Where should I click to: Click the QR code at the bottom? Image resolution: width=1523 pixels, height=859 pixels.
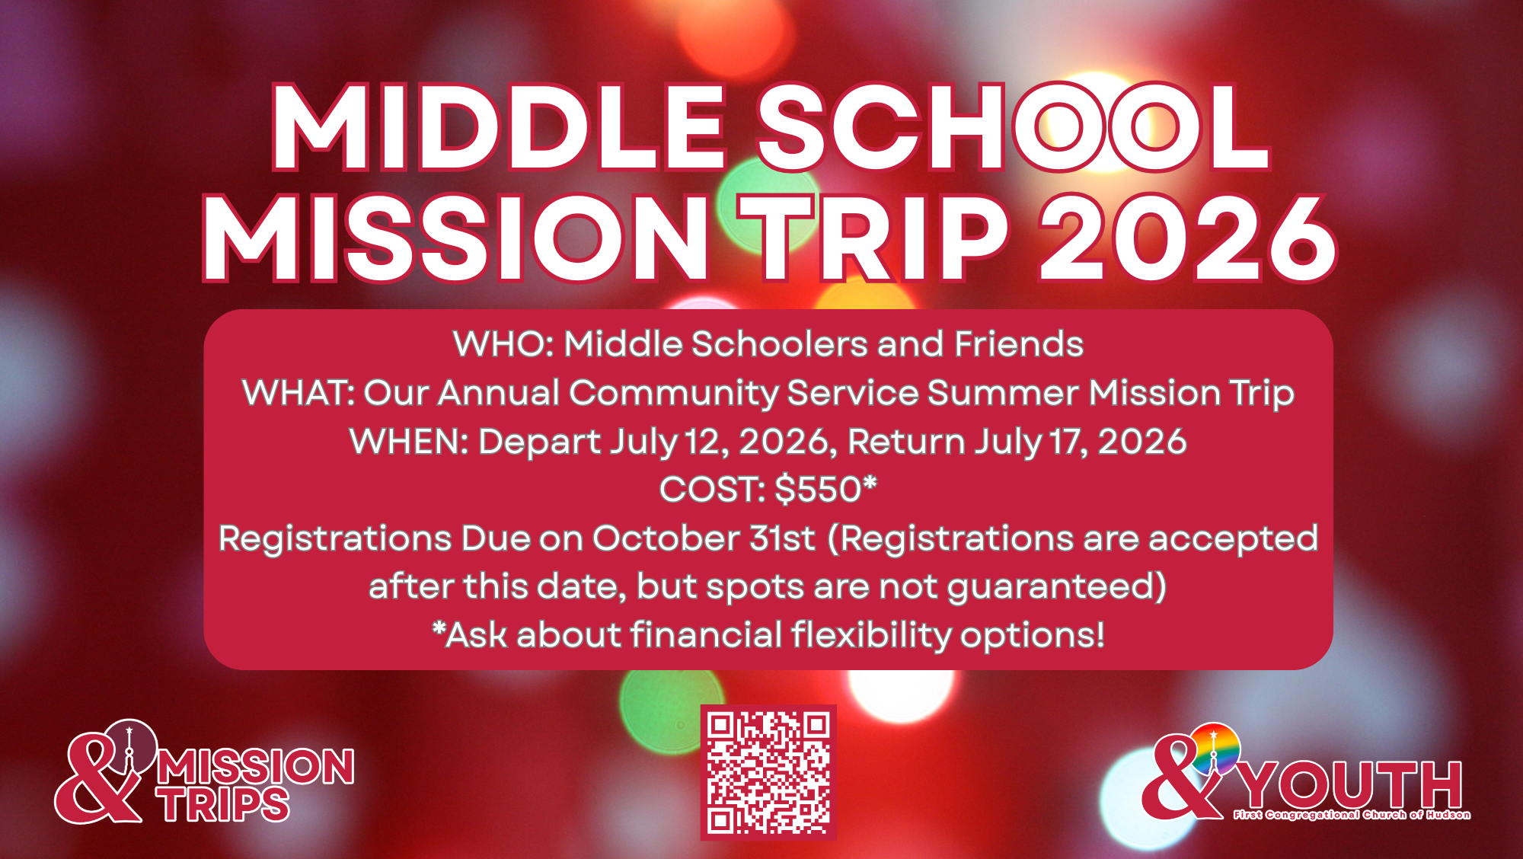pos(768,772)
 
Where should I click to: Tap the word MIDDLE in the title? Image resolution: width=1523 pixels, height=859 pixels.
pos(499,127)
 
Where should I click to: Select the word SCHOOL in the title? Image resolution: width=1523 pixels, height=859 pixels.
pos(1013,127)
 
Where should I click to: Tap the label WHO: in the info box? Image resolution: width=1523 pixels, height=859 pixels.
pos(504,344)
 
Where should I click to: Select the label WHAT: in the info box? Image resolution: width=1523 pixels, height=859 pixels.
pos(299,393)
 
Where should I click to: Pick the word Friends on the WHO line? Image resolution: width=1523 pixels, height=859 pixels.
pos(1019,344)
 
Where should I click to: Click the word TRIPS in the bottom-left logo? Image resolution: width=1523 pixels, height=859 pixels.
pos(225,805)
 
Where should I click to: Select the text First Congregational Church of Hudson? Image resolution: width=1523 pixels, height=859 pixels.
pos(1352,815)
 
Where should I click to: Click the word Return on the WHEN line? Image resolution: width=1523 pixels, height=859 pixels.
pos(906,442)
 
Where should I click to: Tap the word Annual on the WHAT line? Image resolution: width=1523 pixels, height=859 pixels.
pos(499,393)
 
